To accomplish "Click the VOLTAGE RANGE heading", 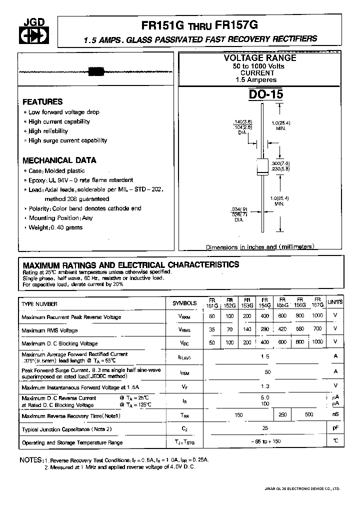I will pyautogui.click(x=259, y=58).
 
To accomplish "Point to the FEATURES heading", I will pyautogui.click(x=42, y=101).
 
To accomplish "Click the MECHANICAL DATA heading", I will pyautogui.click(x=59, y=160).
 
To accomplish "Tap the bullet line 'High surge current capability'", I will pyautogui.click(x=67, y=140).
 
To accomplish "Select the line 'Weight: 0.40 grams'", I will pyautogui.click(x=55, y=227).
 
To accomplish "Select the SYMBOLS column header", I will pyautogui.click(x=184, y=303).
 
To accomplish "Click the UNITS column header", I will pyautogui.click(x=334, y=302).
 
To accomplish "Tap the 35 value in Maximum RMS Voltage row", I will pyautogui.click(x=212, y=330).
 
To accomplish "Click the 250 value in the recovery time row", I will pyautogui.click(x=282, y=415).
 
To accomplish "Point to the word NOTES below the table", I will pyautogui.click(x=30, y=459).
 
